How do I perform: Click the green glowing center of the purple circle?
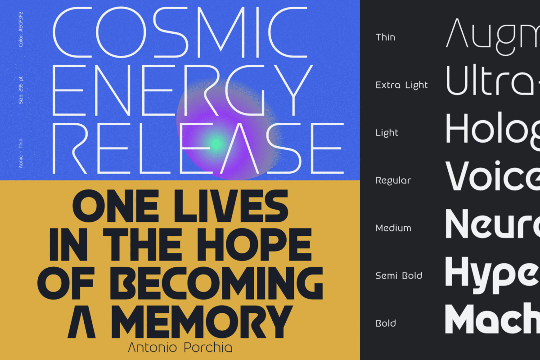[x=217, y=143]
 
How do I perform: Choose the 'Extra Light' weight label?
[x=401, y=85]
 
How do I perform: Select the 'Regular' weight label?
[x=393, y=181]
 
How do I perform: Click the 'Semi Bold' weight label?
[x=399, y=276]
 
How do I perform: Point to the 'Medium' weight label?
[x=393, y=228]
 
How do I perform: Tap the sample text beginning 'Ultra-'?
[x=493, y=80]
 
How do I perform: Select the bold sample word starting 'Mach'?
[x=493, y=318]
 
